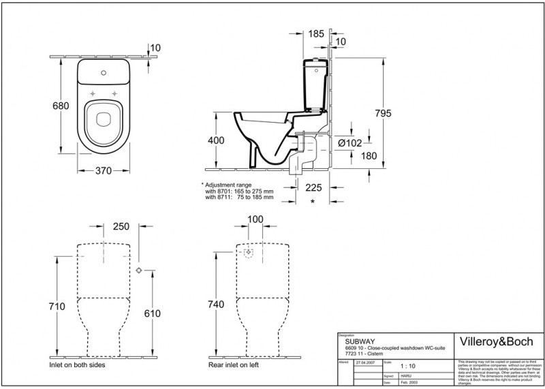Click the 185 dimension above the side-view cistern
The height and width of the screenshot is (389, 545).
[x=315, y=32]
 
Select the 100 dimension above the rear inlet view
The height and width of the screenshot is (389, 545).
[x=255, y=219]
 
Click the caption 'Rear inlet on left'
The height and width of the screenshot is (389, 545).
[x=236, y=365]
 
